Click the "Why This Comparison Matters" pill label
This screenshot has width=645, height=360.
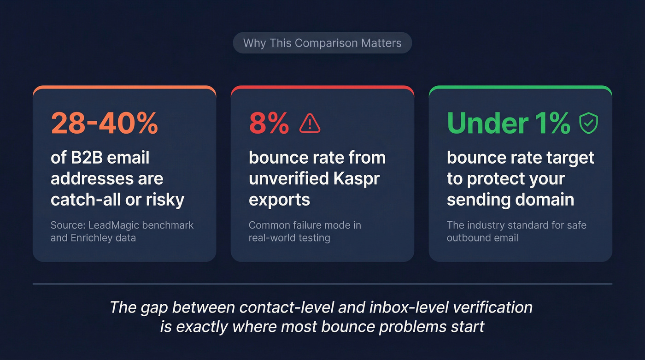point(322,43)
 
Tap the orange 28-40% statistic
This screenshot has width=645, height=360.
point(104,123)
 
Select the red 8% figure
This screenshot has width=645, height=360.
point(269,123)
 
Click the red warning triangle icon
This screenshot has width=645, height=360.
point(310,123)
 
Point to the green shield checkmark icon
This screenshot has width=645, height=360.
point(588,123)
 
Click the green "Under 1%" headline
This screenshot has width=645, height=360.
point(508,123)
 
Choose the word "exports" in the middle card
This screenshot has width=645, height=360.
point(279,200)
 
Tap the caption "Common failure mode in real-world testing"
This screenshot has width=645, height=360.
point(305,231)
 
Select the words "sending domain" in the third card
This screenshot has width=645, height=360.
point(510,200)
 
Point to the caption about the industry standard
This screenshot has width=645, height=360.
point(516,231)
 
